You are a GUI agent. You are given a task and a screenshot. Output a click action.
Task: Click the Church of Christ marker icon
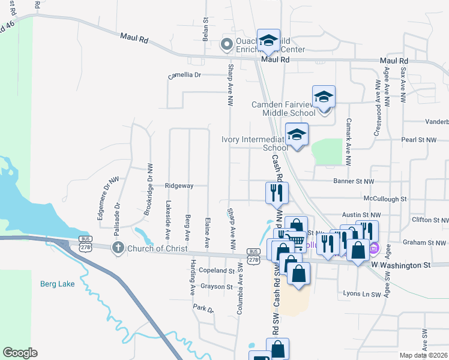[x=118, y=247]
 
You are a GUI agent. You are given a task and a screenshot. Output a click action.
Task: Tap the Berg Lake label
[x=58, y=284]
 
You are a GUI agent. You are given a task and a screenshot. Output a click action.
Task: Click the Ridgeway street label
[x=179, y=186]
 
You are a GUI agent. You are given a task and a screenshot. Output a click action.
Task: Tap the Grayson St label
[x=217, y=287]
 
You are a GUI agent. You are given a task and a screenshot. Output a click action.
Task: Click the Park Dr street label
[x=203, y=308]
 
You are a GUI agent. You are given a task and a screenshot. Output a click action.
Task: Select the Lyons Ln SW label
[x=361, y=295]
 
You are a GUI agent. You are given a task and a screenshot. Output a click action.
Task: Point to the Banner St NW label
[x=354, y=181]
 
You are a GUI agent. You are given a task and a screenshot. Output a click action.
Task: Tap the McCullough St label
[x=385, y=198]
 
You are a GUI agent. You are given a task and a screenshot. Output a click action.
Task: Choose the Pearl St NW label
[x=418, y=140]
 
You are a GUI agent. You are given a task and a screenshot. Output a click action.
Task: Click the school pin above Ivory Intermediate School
[x=297, y=135]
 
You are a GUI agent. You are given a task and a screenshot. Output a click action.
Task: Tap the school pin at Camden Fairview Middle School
[x=324, y=97]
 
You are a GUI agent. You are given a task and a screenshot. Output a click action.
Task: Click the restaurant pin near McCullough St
[x=277, y=193]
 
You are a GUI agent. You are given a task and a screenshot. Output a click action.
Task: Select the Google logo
[x=20, y=353]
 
